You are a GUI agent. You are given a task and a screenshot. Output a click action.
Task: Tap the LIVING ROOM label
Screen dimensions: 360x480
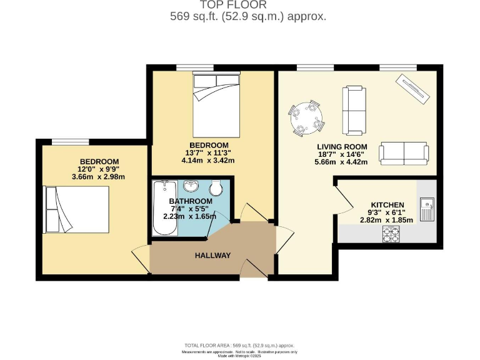(341, 146)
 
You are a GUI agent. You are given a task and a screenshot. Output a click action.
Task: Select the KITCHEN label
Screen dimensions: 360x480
(387, 205)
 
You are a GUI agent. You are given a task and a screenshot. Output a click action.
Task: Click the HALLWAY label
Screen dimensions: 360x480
(212, 255)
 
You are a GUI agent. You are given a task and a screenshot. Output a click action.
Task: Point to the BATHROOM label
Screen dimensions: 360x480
(191, 201)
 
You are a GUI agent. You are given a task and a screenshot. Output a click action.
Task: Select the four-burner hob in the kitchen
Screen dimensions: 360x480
(391, 234)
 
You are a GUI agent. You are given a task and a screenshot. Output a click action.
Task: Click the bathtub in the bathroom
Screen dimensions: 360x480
(165, 208)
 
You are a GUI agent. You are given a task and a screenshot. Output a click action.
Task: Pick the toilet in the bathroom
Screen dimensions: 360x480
(216, 187)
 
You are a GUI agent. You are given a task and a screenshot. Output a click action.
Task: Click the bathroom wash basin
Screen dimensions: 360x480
(191, 186)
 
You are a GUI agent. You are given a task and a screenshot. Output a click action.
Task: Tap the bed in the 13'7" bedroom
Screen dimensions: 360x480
(216, 104)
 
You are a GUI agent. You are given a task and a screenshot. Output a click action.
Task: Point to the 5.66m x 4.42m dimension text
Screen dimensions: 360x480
(341, 162)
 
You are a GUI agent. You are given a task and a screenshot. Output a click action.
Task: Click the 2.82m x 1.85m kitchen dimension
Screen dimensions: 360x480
(387, 221)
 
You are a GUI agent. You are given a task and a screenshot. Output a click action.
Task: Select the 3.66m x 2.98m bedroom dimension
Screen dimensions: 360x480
(99, 177)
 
